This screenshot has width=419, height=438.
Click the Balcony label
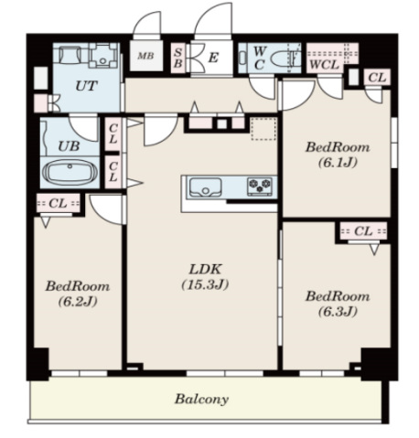pos(201,399)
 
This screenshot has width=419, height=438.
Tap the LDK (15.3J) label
pos(205,277)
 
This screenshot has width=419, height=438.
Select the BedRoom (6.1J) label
pos(338,155)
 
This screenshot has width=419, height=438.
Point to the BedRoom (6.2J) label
pos(78,294)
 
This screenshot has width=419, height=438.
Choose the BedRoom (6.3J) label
pos(338,304)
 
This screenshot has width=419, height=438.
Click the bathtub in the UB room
pos(70,173)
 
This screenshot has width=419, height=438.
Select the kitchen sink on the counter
pos(206,187)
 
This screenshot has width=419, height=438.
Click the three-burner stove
pos(260,187)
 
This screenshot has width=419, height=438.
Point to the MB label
pos(145,56)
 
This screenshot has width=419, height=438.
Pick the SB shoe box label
pos(178,58)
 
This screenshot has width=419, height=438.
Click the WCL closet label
pos(324,65)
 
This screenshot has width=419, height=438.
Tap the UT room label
pos(86,86)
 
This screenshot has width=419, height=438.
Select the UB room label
pos(69,146)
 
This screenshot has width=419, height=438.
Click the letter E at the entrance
pos(213,58)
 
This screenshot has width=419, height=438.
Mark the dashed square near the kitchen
pos(263,129)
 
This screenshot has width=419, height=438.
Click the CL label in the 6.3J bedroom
pos(363,230)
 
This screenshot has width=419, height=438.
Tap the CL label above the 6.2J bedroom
pos(58,203)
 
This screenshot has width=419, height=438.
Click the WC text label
pos(260,58)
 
